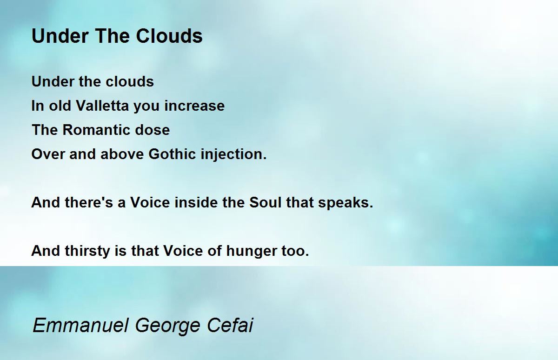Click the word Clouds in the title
pyautogui.click(x=169, y=36)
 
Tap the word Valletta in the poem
pyautogui.click(x=102, y=106)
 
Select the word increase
pyautogui.click(x=194, y=106)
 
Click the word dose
pyautogui.click(x=152, y=130)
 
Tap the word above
pyautogui.click(x=122, y=154)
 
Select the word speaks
pyautogui.click(x=345, y=203)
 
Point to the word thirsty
pyautogui.click(x=87, y=251)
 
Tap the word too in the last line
pyautogui.click(x=295, y=251)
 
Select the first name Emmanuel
pyautogui.click(x=81, y=325)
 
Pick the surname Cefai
pyautogui.click(x=230, y=325)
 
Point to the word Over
pyautogui.click(x=48, y=154)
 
